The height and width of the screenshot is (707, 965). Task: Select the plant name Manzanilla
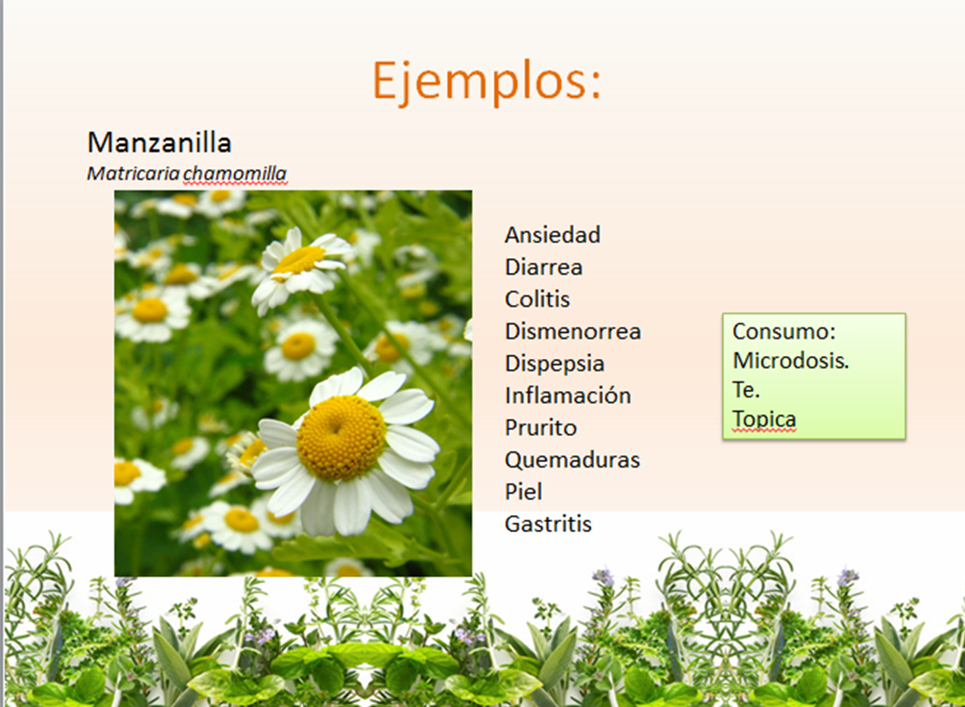click(x=159, y=143)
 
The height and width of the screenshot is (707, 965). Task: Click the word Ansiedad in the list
click(x=552, y=235)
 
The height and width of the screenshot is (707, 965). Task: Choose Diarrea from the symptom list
click(x=543, y=267)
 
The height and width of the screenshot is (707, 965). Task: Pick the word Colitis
click(x=537, y=299)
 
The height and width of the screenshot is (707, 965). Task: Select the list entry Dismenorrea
click(x=572, y=331)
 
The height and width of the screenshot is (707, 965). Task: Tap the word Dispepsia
click(x=555, y=364)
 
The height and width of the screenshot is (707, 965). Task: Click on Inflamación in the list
click(x=568, y=396)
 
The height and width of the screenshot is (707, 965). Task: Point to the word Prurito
click(x=540, y=428)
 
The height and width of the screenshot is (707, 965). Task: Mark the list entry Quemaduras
click(x=572, y=460)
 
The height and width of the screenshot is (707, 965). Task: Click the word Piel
click(x=523, y=492)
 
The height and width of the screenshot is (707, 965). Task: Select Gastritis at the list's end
click(x=548, y=524)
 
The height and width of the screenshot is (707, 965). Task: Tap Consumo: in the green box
click(x=783, y=332)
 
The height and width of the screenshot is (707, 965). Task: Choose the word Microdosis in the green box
click(x=790, y=361)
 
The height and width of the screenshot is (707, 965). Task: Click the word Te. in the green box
click(x=746, y=390)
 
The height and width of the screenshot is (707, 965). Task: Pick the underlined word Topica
click(x=764, y=419)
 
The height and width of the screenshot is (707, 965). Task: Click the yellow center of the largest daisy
click(x=340, y=438)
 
